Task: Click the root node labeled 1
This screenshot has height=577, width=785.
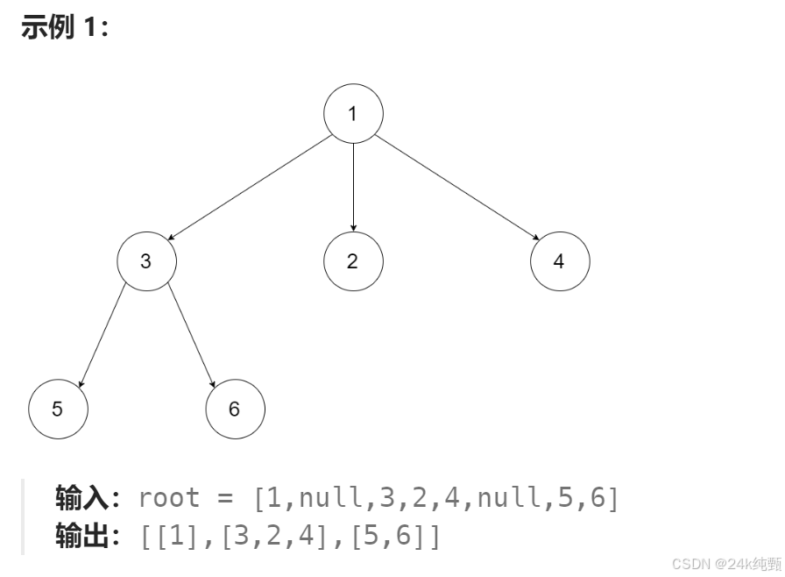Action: pos(353,113)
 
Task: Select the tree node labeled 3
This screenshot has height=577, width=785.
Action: pos(147,261)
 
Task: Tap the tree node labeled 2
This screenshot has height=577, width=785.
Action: pos(353,261)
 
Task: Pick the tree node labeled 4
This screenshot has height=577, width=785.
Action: pos(560,261)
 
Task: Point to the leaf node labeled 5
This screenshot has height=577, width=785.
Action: pos(58,409)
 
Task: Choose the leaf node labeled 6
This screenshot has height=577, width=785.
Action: pos(235,409)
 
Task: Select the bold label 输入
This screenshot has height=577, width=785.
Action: pos(81,498)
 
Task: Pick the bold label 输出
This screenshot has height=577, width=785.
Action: pos(81,534)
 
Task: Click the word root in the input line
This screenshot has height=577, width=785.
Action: pos(169,498)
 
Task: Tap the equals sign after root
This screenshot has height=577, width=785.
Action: pos(226,498)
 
